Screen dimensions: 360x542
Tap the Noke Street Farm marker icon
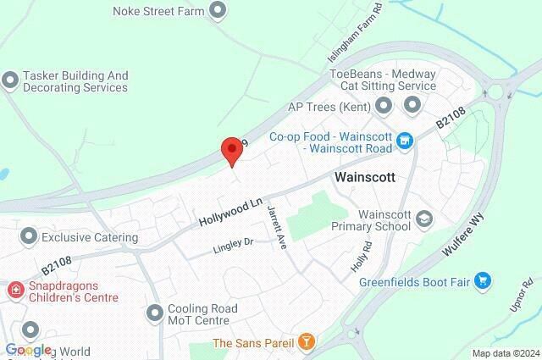point(218,10)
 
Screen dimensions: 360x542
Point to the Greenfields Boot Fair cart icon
point(483,280)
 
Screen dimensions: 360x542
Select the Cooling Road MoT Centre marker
point(154,313)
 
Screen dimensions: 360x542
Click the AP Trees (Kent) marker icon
point(384,106)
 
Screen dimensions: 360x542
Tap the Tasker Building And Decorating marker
point(10,80)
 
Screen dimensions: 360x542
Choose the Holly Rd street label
point(362,256)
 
